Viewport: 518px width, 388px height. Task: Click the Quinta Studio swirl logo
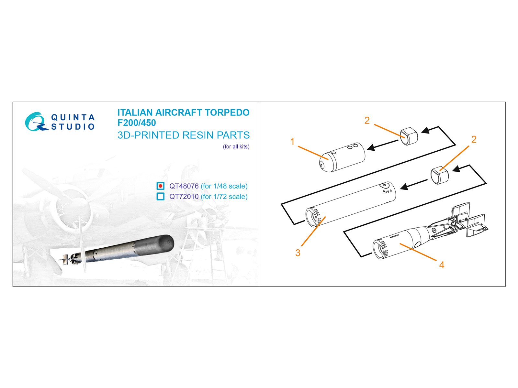(35, 122)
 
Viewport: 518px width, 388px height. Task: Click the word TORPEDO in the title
(227, 113)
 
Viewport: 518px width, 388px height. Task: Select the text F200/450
(137, 123)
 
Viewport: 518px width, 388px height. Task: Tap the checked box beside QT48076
(161, 186)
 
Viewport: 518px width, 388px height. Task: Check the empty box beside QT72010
(161, 196)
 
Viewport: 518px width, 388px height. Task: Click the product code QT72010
(184, 197)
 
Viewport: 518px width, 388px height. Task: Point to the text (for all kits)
(236, 146)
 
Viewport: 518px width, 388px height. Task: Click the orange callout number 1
(292, 142)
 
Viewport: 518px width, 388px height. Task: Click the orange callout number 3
(298, 253)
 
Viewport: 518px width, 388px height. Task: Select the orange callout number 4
(442, 265)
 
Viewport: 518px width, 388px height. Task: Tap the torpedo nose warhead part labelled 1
(342, 157)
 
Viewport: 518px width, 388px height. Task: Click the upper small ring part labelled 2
(409, 136)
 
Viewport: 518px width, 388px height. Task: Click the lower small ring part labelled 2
(440, 175)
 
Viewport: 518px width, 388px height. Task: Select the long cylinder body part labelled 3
(351, 204)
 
